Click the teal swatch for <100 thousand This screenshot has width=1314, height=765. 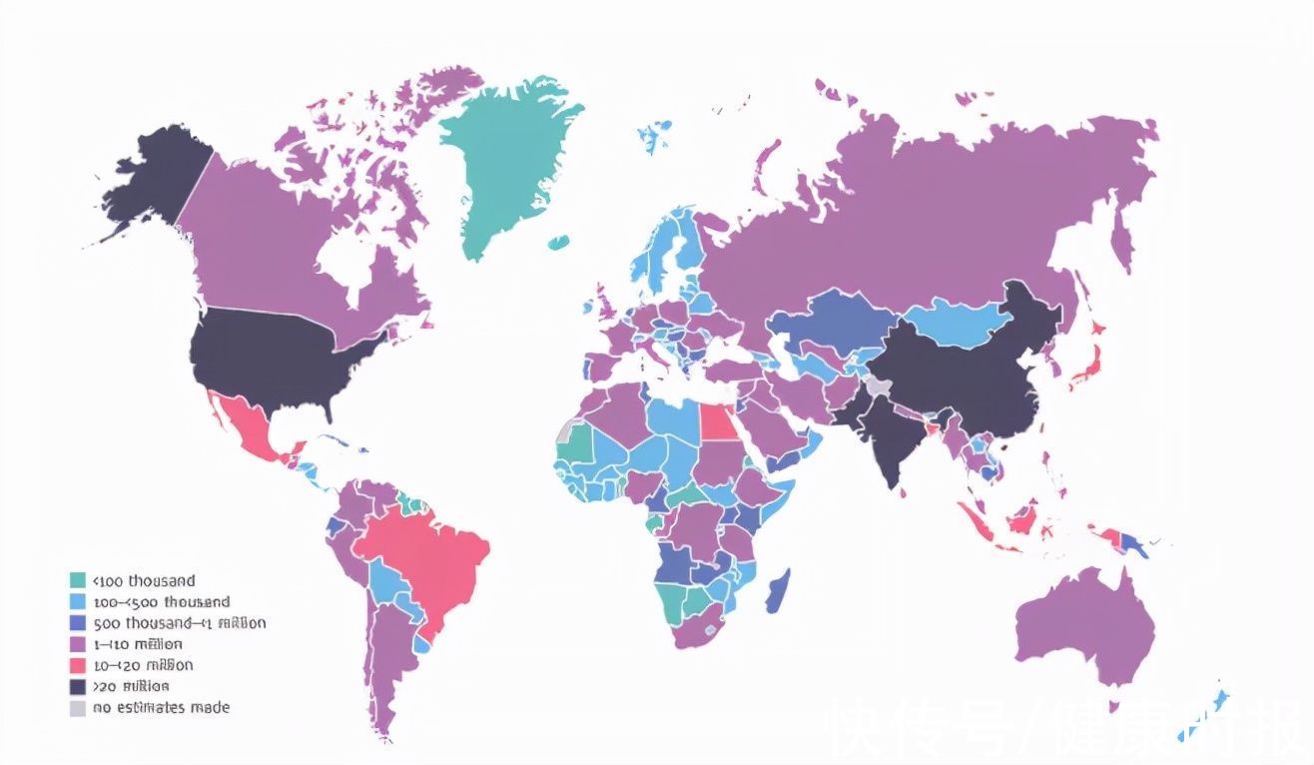point(78,580)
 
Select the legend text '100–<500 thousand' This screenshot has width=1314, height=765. point(162,602)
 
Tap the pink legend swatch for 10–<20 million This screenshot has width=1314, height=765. point(78,665)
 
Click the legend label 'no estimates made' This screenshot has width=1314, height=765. point(162,708)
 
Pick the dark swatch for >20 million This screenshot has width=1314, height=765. point(78,687)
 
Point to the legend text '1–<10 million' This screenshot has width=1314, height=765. point(138,644)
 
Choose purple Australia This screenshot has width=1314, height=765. point(1083,624)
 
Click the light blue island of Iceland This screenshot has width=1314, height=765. point(655,134)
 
